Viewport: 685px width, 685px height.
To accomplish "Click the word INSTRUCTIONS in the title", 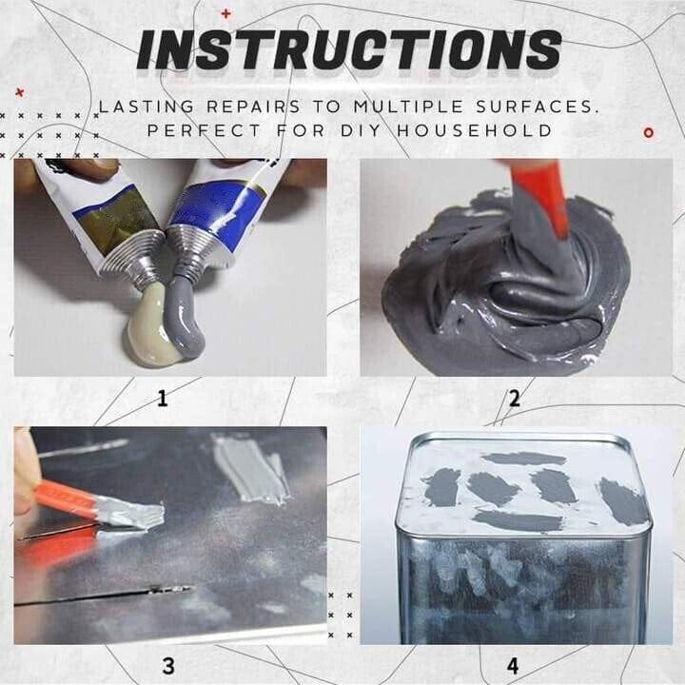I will click(x=348, y=49).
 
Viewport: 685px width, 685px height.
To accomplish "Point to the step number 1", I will click(x=162, y=399).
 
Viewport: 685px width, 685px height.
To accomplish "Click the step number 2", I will click(x=514, y=399).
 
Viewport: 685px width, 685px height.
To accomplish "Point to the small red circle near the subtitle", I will click(x=649, y=132).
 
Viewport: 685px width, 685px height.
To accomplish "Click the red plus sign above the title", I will click(x=225, y=13).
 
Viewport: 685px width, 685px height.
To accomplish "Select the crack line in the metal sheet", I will click(x=105, y=597).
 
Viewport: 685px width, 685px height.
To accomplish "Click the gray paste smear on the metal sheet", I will click(x=250, y=468).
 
